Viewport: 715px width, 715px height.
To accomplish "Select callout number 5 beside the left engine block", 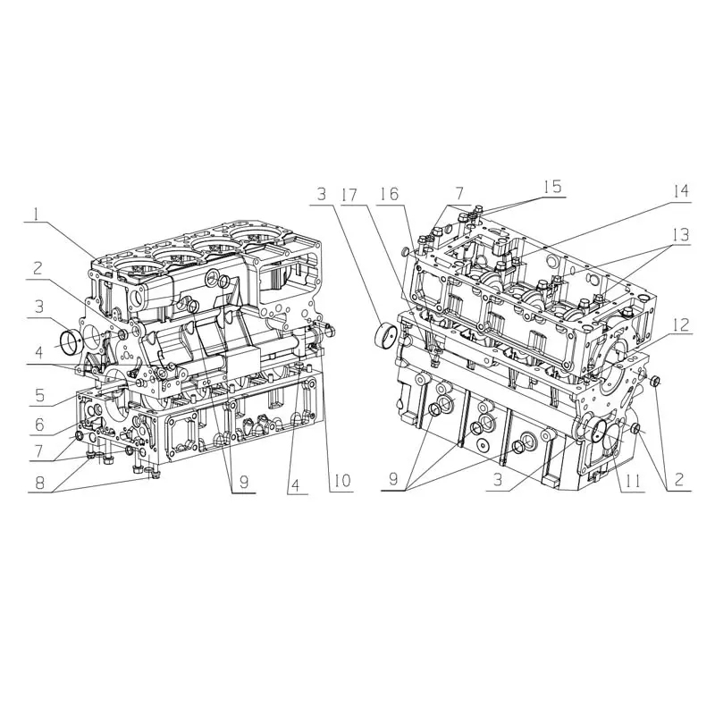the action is [40, 395].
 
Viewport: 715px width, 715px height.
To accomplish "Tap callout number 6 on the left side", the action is [39, 424].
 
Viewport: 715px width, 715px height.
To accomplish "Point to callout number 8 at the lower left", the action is [40, 483].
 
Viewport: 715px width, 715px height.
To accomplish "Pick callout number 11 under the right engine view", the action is [634, 481].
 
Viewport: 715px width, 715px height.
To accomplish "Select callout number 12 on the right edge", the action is [679, 325].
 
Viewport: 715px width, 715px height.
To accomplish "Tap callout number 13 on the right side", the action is [679, 235].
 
